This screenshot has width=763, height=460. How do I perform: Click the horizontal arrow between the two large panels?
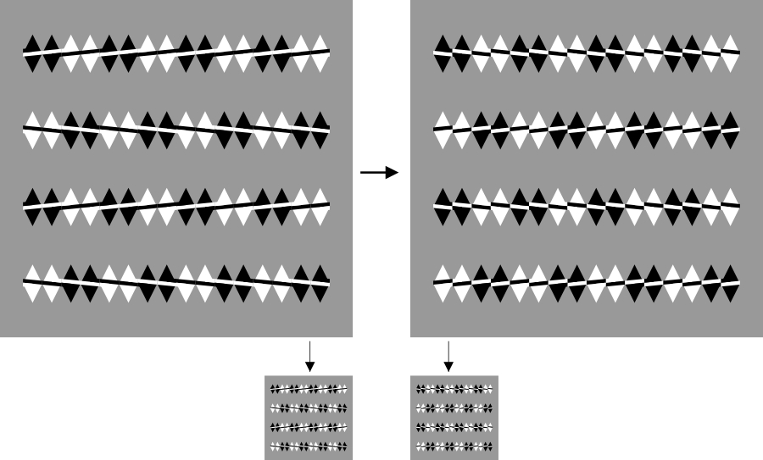tap(379, 173)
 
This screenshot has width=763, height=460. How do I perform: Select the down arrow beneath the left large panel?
tap(309, 356)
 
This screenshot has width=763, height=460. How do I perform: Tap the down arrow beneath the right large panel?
tap(448, 356)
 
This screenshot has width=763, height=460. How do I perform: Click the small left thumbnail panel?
tap(309, 418)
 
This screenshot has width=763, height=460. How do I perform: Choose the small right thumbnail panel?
tap(454, 418)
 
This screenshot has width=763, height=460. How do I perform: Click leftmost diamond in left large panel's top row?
tap(32, 54)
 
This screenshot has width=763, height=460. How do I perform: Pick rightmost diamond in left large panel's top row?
tap(320, 54)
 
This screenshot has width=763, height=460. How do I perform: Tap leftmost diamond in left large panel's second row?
tap(32, 130)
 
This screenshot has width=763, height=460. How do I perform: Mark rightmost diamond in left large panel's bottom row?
tap(320, 284)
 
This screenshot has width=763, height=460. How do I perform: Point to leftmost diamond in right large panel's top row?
tap(443, 54)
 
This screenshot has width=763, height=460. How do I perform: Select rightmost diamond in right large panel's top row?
tap(731, 54)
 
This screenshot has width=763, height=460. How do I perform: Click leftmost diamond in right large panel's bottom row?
tap(443, 284)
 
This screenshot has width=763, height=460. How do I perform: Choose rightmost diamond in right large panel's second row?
tap(731, 130)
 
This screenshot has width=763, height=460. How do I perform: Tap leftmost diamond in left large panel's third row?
tap(32, 207)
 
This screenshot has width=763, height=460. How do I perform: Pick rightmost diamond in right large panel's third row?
tap(731, 207)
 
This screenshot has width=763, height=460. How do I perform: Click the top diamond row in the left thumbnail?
tap(309, 390)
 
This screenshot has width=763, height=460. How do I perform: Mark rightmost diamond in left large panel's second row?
tap(320, 130)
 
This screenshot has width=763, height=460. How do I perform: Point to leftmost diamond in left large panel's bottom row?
tap(32, 284)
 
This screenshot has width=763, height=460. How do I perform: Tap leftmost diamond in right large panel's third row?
tap(443, 207)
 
